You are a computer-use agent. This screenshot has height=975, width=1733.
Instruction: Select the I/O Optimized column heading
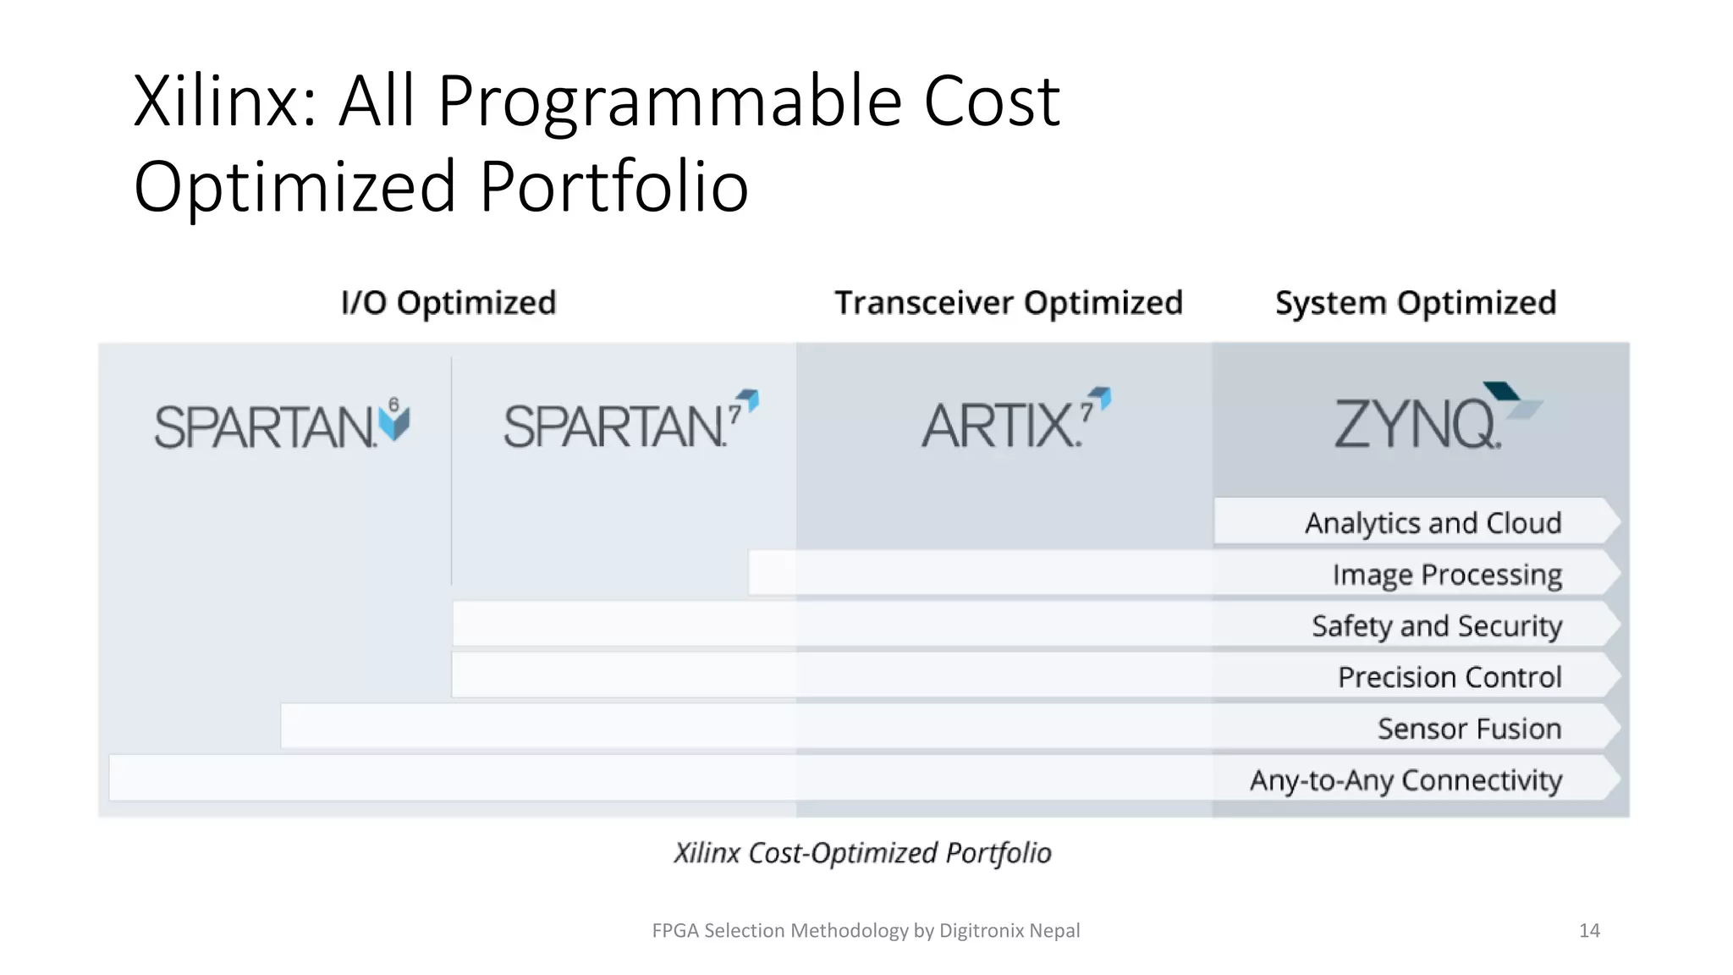(x=448, y=303)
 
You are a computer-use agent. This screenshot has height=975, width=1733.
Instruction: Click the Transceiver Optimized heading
(x=1008, y=303)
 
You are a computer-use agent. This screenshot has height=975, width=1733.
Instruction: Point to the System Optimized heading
(x=1416, y=303)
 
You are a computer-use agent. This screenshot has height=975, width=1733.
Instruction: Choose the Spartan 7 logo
(x=630, y=421)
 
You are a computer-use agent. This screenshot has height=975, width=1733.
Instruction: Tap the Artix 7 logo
(x=1015, y=421)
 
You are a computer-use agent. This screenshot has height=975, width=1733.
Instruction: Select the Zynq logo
(x=1430, y=419)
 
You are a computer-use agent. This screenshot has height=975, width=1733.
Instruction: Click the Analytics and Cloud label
(x=1433, y=523)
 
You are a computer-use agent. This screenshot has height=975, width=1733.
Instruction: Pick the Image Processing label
(x=1447, y=575)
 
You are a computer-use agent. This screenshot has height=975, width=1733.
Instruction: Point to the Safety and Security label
(x=1437, y=626)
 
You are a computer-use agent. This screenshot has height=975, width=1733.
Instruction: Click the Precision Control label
(x=1450, y=677)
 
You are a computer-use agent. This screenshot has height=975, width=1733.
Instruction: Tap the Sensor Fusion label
(x=1469, y=729)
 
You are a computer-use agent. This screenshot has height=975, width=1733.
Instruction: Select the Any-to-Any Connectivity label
(x=1406, y=780)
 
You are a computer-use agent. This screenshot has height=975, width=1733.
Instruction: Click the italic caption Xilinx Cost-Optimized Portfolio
(x=862, y=853)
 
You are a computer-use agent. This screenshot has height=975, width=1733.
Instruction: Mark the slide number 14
(x=1589, y=931)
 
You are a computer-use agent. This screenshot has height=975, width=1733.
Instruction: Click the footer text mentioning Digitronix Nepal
(x=866, y=931)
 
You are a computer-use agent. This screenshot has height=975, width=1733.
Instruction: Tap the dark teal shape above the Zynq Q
(x=1501, y=391)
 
